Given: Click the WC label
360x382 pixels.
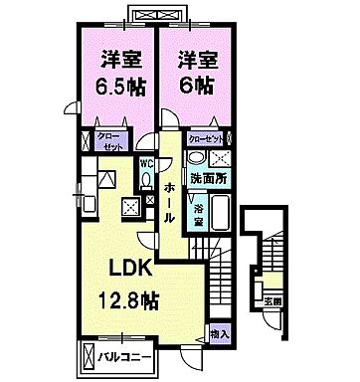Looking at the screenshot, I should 146,162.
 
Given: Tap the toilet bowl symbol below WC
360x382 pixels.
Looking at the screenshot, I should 146,180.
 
